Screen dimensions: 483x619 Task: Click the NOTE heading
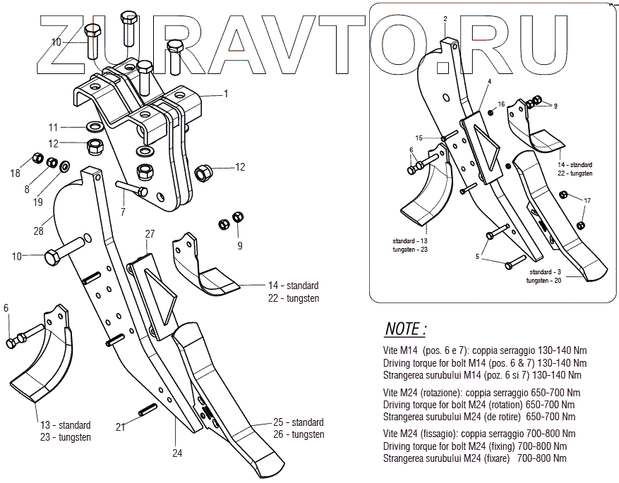[406, 329]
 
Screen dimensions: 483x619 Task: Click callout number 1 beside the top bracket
[227, 93]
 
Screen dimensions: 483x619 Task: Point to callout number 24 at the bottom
[177, 453]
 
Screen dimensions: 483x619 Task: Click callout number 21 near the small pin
[121, 427]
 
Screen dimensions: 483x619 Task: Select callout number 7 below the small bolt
[122, 211]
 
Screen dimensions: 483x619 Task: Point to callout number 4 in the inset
[488, 82]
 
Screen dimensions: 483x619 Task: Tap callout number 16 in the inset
[501, 104]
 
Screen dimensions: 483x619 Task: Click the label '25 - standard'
[299, 422]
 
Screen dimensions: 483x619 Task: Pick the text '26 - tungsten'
[299, 434]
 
